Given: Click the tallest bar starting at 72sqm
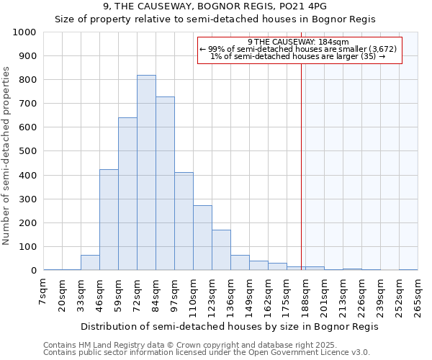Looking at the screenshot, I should tap(146, 173).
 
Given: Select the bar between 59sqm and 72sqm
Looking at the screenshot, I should tap(127, 194).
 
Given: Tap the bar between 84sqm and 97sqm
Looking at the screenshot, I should tap(165, 184).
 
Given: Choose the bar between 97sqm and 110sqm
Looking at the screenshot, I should tap(184, 221).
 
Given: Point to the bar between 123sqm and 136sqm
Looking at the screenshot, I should tap(221, 250).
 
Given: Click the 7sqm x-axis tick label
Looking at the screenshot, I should tap(45, 292).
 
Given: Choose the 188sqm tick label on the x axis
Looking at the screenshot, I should tap(305, 295).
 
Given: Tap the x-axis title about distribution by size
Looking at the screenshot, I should tap(229, 326).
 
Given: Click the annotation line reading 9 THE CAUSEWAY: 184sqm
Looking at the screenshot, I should tap(298, 42).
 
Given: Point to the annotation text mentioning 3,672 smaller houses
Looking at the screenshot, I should tap(298, 49).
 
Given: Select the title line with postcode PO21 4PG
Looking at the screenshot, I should tap(215, 6).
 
